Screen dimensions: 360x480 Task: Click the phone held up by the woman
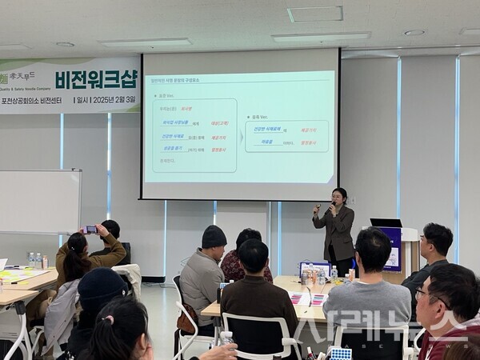click(90, 230)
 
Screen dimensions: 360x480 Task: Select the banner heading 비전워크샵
click(107, 78)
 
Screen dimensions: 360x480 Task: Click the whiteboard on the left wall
click(39, 202)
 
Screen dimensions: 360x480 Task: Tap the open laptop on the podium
click(386, 223)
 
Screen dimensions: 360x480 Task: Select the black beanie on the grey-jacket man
click(214, 237)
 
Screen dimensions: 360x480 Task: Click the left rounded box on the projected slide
click(196, 136)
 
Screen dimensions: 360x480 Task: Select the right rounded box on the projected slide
click(286, 136)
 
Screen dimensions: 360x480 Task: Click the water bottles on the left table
click(34, 261)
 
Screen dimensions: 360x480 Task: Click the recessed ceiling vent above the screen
click(314, 14)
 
